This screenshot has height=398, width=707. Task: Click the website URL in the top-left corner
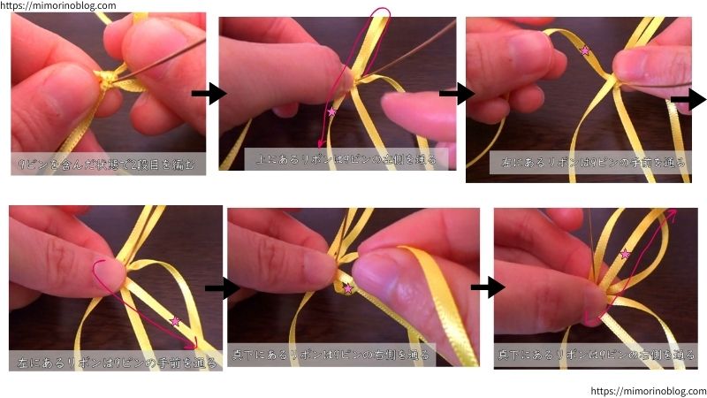(x=57, y=5)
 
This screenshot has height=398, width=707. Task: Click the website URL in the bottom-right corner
(x=648, y=391)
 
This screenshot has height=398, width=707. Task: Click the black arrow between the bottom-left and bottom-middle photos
(x=222, y=287)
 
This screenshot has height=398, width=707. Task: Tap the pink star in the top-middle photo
(x=332, y=112)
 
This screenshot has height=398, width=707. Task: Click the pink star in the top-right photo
(x=584, y=51)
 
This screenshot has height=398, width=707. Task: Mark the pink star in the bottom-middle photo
(x=347, y=288)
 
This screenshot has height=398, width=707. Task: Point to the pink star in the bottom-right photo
(x=626, y=255)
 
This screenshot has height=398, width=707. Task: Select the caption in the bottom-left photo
(x=115, y=362)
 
